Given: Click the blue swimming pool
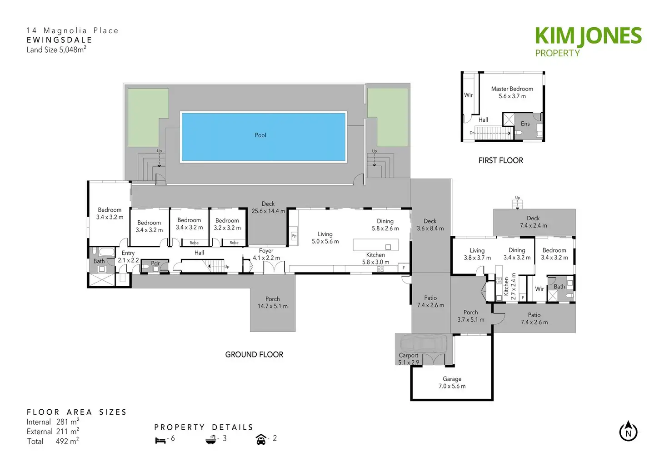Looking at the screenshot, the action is (x=263, y=137).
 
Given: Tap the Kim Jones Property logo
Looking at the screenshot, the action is (x=588, y=42).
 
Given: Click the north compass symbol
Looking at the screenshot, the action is (x=629, y=431).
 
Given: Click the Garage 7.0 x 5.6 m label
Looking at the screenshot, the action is (x=452, y=383).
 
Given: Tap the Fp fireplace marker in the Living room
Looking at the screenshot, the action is (x=294, y=236).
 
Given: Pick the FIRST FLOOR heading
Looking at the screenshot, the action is (x=500, y=161).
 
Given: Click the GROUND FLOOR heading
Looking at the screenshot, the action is (x=254, y=355).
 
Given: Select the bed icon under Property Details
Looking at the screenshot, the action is (x=160, y=440).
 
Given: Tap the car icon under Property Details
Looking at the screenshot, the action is (x=261, y=439).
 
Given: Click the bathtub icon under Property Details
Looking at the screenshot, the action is (x=210, y=439).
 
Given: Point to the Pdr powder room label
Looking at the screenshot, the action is (x=155, y=263).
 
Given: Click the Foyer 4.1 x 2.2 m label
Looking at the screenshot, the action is (x=266, y=254).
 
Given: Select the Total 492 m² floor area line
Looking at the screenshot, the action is (x=53, y=441).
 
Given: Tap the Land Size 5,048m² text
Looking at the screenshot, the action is (x=56, y=50).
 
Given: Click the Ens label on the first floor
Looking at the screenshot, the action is (x=525, y=124).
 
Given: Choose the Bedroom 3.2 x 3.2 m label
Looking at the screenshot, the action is (x=227, y=224).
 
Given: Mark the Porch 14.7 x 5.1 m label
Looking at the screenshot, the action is (x=272, y=303).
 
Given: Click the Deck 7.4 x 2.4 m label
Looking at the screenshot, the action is (x=533, y=222).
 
